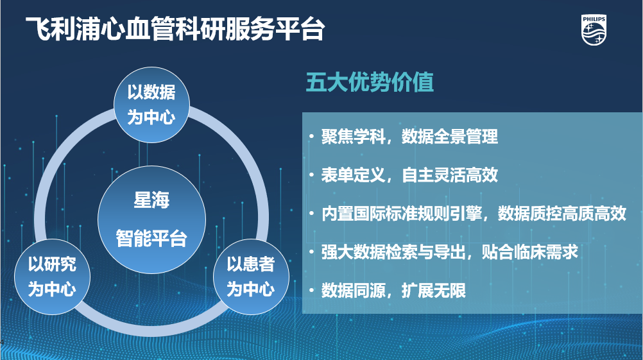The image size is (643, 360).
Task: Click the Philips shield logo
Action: pos(594,30)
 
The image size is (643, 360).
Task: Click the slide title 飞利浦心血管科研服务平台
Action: pos(176,29)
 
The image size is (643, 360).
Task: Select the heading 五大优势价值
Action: pos(370,82)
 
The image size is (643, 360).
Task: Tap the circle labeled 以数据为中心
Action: pos(151,105)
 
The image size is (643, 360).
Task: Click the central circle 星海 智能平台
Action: pos(151,219)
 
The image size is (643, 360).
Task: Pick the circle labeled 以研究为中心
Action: pos(52,277)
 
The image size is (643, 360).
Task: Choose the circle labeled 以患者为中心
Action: pos(251,277)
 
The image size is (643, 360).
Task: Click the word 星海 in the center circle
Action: pos(151,200)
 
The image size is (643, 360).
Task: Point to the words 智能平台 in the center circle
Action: pos(151,238)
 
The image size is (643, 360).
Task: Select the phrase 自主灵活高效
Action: pos(450,175)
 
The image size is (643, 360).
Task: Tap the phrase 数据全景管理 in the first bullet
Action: pos(450,137)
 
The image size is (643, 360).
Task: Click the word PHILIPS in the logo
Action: pos(594,19)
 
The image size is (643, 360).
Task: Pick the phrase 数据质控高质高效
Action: pos(562,214)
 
